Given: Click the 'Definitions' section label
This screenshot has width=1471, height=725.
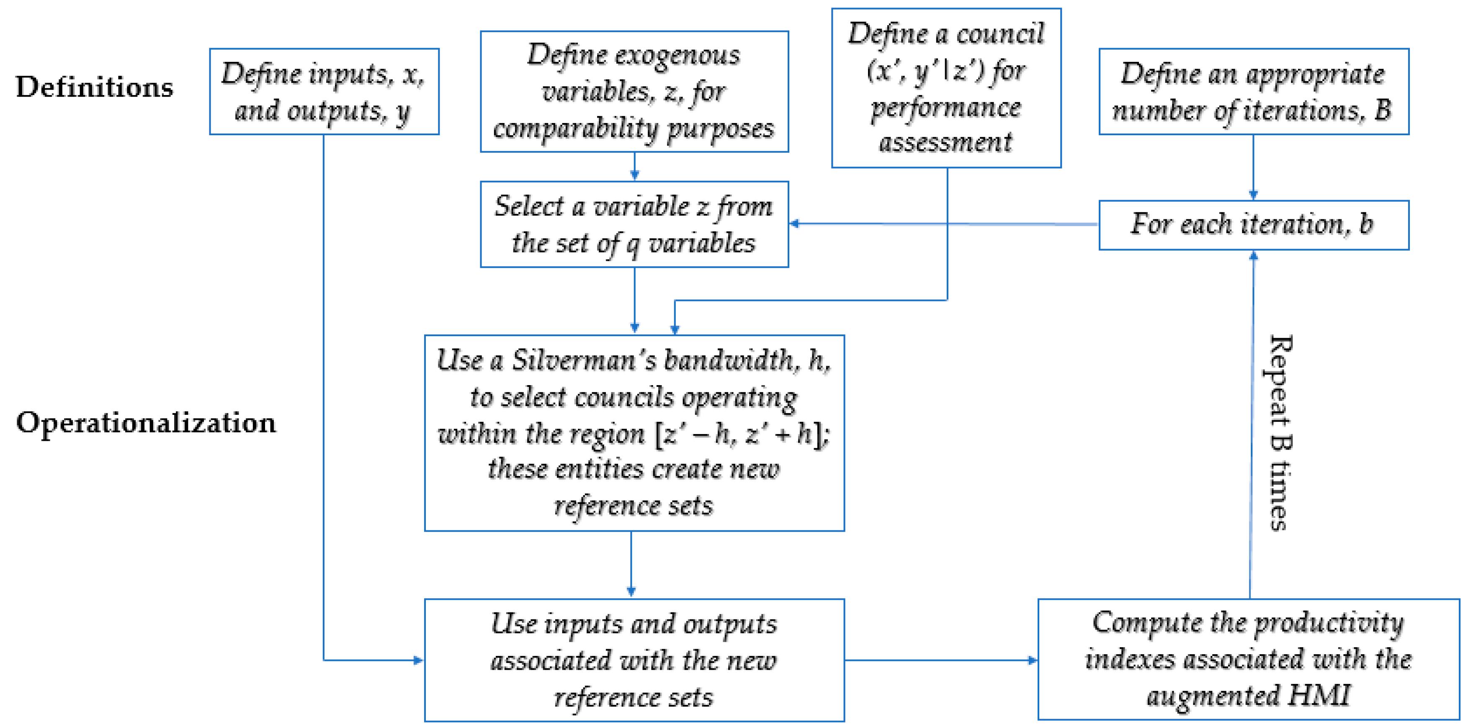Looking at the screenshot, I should coord(94,87).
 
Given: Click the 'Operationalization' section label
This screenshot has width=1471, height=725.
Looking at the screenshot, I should coord(146,423).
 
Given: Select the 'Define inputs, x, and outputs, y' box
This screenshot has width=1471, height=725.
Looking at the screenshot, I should coord(324,91).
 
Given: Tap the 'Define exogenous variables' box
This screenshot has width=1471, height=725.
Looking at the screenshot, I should coord(634,91).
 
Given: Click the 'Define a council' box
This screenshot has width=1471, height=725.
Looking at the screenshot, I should coord(945,87).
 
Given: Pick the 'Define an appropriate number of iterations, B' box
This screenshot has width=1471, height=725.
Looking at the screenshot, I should coord(1253,91).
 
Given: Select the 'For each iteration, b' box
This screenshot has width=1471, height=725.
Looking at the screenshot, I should coord(1253,224).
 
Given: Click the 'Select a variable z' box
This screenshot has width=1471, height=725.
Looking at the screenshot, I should coord(634,224).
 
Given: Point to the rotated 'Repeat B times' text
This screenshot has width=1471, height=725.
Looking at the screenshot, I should coord(1279,433).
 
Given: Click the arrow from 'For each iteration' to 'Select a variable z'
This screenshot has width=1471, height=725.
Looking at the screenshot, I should coord(942,224).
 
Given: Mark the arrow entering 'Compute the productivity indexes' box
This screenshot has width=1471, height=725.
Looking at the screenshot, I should coord(942,660).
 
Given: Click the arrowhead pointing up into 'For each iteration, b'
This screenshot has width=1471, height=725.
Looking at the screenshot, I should coord(1253,256).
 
